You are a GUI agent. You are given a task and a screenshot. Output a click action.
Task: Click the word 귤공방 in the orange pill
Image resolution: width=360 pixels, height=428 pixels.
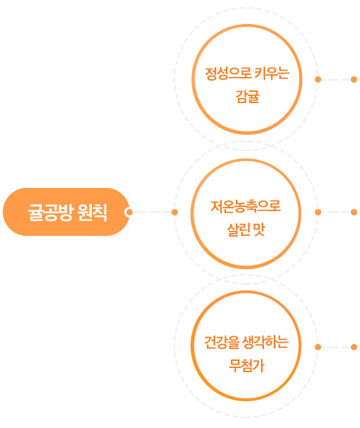pyautogui.click(x=51, y=212)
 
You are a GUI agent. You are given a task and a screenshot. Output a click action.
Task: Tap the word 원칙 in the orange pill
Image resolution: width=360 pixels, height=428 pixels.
pyautogui.click(x=92, y=212)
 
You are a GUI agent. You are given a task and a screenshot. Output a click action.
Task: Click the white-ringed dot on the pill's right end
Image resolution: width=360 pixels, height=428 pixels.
pyautogui.click(x=129, y=212)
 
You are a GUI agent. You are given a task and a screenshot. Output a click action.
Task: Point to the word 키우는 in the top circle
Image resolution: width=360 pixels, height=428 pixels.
pyautogui.click(x=272, y=73)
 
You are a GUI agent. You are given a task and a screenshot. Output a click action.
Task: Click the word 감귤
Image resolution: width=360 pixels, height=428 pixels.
pyautogui.click(x=247, y=97)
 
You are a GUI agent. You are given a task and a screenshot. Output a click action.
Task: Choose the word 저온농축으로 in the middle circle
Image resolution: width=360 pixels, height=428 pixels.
pyautogui.click(x=246, y=206)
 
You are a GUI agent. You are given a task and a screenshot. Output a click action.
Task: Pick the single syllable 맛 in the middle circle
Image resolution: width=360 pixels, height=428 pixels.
pyautogui.click(x=259, y=230)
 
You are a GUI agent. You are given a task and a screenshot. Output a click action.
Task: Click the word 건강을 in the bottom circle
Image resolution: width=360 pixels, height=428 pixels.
pyautogui.click(x=222, y=343)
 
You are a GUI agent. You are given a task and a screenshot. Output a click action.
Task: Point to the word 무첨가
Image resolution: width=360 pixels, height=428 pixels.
pyautogui.click(x=247, y=366)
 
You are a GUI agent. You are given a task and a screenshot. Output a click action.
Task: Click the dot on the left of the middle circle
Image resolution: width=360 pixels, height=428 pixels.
pyautogui.click(x=174, y=212)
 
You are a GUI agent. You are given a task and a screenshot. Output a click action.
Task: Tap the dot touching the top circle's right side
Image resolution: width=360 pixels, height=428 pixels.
pyautogui.click(x=318, y=79)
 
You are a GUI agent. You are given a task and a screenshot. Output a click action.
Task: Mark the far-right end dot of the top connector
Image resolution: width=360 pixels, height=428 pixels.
pyautogui.click(x=354, y=79)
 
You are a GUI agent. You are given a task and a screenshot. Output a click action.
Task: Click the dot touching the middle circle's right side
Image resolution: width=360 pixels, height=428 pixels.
pyautogui.click(x=318, y=212)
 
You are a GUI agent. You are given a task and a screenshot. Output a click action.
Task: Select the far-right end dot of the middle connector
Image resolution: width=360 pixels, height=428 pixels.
pyautogui.click(x=354, y=212)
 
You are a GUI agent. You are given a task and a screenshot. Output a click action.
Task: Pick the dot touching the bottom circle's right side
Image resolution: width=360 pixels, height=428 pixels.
pyautogui.click(x=318, y=347)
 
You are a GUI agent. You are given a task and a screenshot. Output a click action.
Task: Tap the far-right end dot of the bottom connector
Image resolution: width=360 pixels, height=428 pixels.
pyautogui.click(x=354, y=347)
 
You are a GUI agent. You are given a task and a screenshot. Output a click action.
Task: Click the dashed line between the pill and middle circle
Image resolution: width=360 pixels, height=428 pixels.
pyautogui.click(x=152, y=212)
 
